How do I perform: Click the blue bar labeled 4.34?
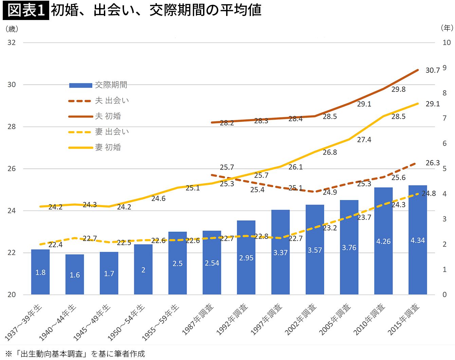(x=418, y=240)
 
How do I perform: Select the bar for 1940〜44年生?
(x=75, y=274)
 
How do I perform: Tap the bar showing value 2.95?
(x=246, y=257)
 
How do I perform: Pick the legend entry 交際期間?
(x=98, y=85)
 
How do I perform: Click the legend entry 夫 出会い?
(x=98, y=101)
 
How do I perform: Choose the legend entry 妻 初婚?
(x=95, y=147)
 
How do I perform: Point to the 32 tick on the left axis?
(x=12, y=42)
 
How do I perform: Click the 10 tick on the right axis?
(x=447, y=42)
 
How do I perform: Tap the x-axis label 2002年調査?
(x=301, y=319)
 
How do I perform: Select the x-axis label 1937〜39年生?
(x=23, y=322)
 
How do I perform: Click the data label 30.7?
(x=433, y=70)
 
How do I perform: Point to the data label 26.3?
(x=433, y=163)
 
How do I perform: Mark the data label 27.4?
(x=364, y=140)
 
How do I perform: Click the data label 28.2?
(x=227, y=123)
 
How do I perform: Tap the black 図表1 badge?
(x=26, y=10)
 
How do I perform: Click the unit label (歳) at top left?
(x=12, y=29)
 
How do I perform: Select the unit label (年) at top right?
(x=447, y=28)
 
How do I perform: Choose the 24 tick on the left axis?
(x=12, y=211)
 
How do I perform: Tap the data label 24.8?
(x=429, y=193)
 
